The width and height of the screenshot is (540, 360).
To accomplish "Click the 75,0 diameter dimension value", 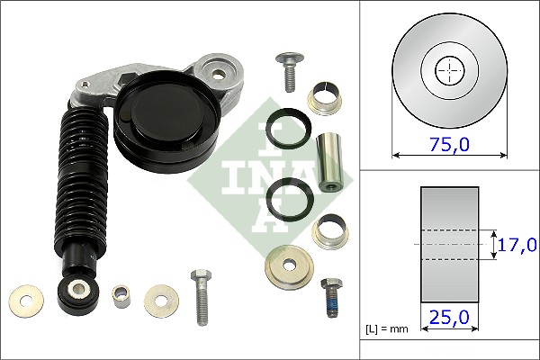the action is tap(449, 145).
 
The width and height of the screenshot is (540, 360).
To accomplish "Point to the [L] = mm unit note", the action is tap(386, 329).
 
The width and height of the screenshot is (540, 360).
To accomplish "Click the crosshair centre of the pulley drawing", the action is tap(450, 70).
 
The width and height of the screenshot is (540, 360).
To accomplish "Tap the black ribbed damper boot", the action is tap(84, 179).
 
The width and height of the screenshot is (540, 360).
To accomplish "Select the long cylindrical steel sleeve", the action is tap(328, 162).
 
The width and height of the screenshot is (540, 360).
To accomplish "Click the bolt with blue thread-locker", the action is tap(332, 297).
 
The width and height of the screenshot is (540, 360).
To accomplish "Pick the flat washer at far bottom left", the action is tap(26, 301).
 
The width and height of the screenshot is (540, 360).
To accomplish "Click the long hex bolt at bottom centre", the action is tap(202, 297).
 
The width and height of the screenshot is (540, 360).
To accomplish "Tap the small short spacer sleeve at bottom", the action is tap(121, 296).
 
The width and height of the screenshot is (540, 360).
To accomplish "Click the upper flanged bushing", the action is tap(325, 99).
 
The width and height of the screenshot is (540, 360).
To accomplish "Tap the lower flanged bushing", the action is tap(330, 231).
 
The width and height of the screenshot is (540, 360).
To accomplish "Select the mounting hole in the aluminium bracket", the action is tap(218, 73).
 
